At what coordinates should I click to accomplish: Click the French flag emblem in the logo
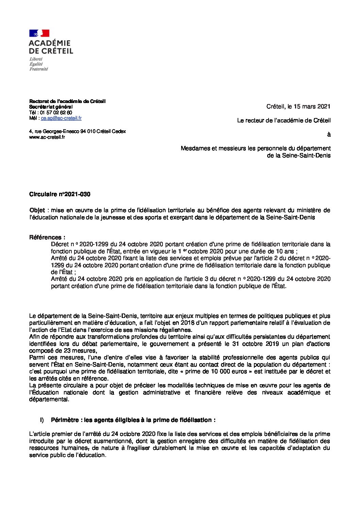pos(39,33)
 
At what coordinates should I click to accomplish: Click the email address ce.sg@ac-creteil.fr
pos(61,118)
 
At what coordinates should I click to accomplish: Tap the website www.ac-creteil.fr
pos(47,137)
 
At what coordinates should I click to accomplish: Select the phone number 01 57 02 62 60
pos(56,113)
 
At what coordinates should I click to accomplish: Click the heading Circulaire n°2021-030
pos(60,194)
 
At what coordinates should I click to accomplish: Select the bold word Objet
pos(37,210)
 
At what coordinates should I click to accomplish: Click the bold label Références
pos(47,237)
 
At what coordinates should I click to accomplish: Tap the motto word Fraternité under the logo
pos(39,69)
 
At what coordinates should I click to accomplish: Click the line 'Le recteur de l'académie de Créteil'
pos(284,120)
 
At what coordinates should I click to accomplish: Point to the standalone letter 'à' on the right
pos(328,135)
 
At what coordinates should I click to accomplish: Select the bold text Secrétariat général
pos(51,107)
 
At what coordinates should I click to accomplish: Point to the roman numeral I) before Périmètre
pos(42,420)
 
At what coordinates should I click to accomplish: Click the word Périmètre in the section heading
pos(65,420)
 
